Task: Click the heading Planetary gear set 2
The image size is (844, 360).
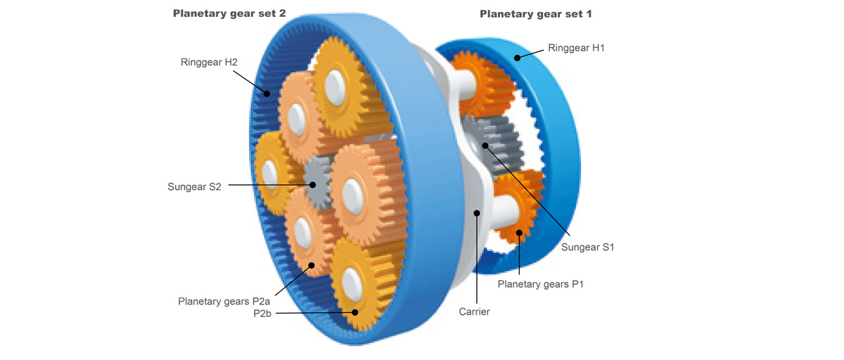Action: coord(229,13)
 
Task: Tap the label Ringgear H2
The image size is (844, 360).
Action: coord(209,62)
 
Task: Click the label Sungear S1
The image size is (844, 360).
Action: coord(588,247)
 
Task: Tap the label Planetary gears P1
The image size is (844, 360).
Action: coord(541,284)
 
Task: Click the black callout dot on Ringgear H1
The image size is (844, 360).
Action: coord(518,58)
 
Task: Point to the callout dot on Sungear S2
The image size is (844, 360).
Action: coord(313,186)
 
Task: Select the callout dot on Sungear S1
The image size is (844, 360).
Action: coord(485,145)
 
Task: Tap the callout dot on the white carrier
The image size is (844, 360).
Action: coord(477,212)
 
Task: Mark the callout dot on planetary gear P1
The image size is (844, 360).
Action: coord(520,233)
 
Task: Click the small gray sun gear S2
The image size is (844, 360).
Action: coord(318,181)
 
